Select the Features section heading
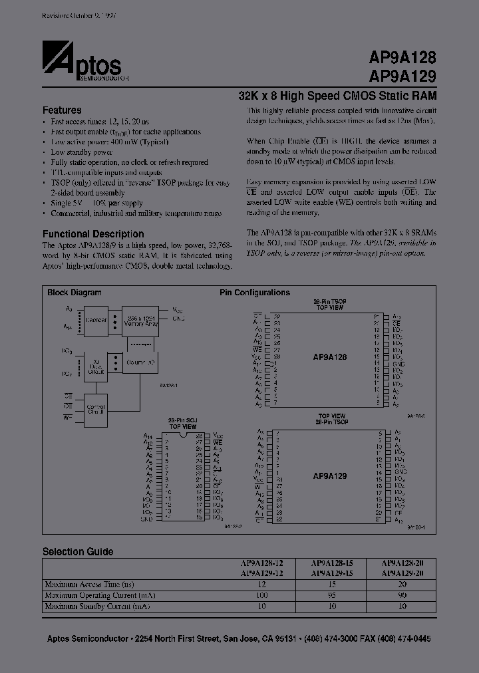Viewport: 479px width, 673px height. pos(62,110)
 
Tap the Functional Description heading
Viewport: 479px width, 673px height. pos(93,234)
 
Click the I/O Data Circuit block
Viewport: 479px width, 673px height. pos(96,364)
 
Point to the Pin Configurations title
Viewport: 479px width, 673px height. pos(255,293)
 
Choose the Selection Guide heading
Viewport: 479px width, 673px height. pos(78,552)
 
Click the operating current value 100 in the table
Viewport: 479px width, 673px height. pos(261,595)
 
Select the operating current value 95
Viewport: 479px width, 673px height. pos(331,595)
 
